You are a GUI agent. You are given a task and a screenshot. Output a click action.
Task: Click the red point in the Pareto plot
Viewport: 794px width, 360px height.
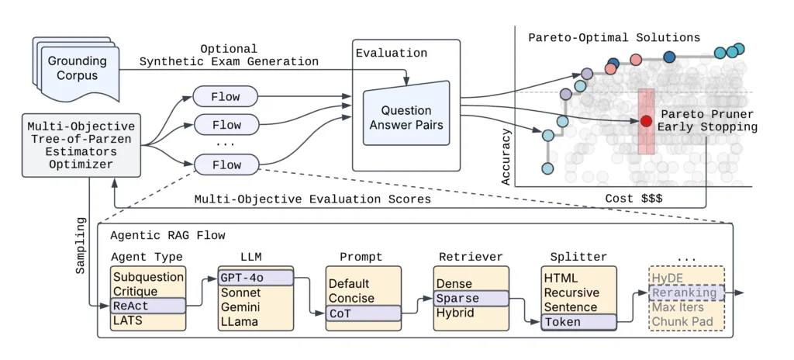tap(646, 120)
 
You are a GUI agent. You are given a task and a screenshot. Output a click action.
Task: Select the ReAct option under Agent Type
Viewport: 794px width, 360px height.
tap(147, 306)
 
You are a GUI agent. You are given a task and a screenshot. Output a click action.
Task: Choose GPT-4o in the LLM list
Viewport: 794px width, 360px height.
tap(255, 277)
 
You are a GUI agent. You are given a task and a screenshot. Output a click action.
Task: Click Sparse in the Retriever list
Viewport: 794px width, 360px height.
tap(471, 299)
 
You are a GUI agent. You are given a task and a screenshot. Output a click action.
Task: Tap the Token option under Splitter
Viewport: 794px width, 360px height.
tap(578, 322)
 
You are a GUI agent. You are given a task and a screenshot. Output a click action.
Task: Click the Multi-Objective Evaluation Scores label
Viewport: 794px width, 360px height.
tap(312, 199)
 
